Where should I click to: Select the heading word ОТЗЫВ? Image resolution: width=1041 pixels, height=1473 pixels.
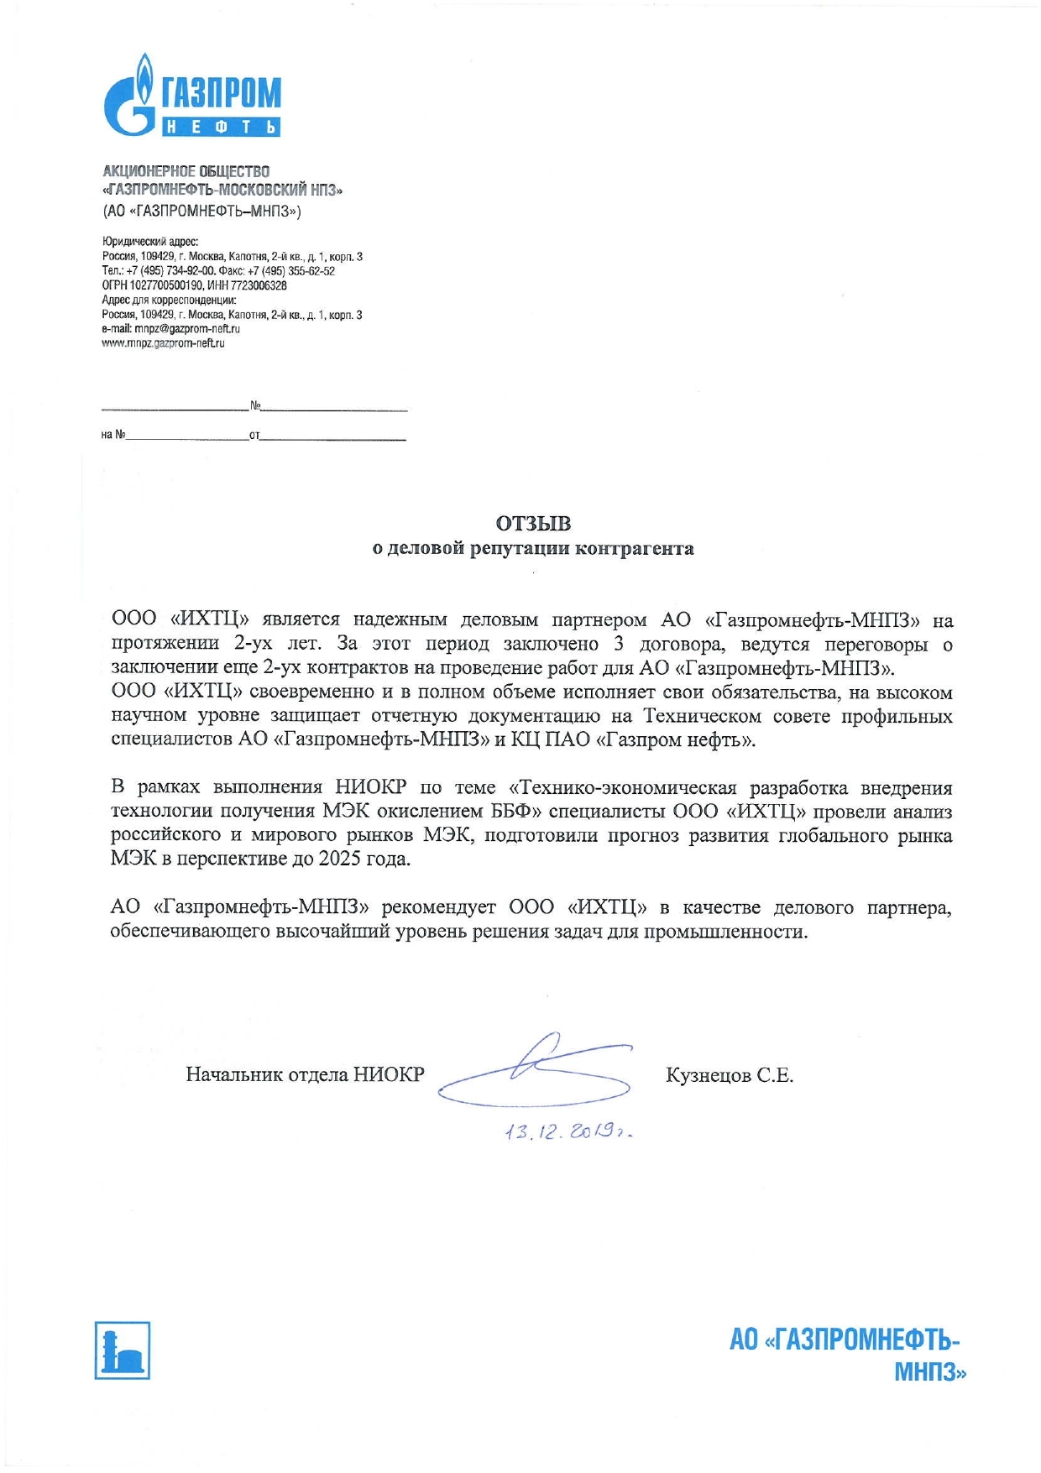click(533, 524)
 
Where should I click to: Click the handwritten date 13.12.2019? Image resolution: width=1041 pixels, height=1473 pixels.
click(568, 1132)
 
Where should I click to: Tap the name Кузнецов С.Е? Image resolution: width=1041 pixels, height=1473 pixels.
click(729, 1075)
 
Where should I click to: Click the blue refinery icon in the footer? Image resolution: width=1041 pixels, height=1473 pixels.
click(123, 1350)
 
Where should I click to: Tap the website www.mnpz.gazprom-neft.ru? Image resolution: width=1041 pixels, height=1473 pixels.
click(163, 343)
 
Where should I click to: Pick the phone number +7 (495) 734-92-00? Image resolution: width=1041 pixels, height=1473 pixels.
click(170, 271)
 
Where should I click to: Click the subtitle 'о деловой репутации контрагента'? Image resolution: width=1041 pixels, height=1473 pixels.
click(533, 549)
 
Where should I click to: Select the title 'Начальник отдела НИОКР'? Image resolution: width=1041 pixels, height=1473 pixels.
click(305, 1075)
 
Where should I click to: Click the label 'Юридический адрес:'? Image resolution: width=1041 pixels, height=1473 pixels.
click(150, 242)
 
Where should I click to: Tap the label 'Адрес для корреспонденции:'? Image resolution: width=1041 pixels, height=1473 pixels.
click(169, 300)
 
